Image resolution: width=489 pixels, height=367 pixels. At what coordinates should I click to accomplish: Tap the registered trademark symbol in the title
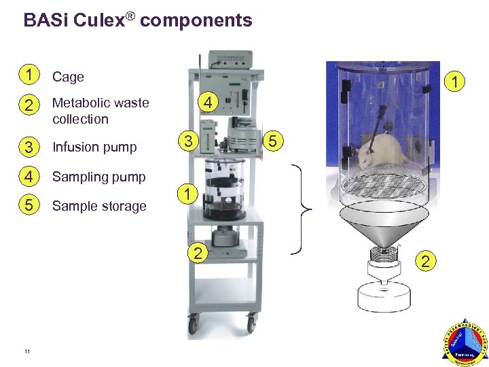coord(128,15)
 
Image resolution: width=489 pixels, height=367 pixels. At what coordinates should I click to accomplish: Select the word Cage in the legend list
coord(68,77)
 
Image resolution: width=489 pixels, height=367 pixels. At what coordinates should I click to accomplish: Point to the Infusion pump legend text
coord(94,147)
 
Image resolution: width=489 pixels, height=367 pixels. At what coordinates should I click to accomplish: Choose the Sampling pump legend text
coord(98,177)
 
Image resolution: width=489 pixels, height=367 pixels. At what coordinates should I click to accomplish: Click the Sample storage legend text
coord(99,206)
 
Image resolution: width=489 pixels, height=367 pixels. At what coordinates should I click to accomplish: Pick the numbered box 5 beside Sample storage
coord(28,205)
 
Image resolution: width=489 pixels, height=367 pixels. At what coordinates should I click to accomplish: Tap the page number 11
coord(26,351)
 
